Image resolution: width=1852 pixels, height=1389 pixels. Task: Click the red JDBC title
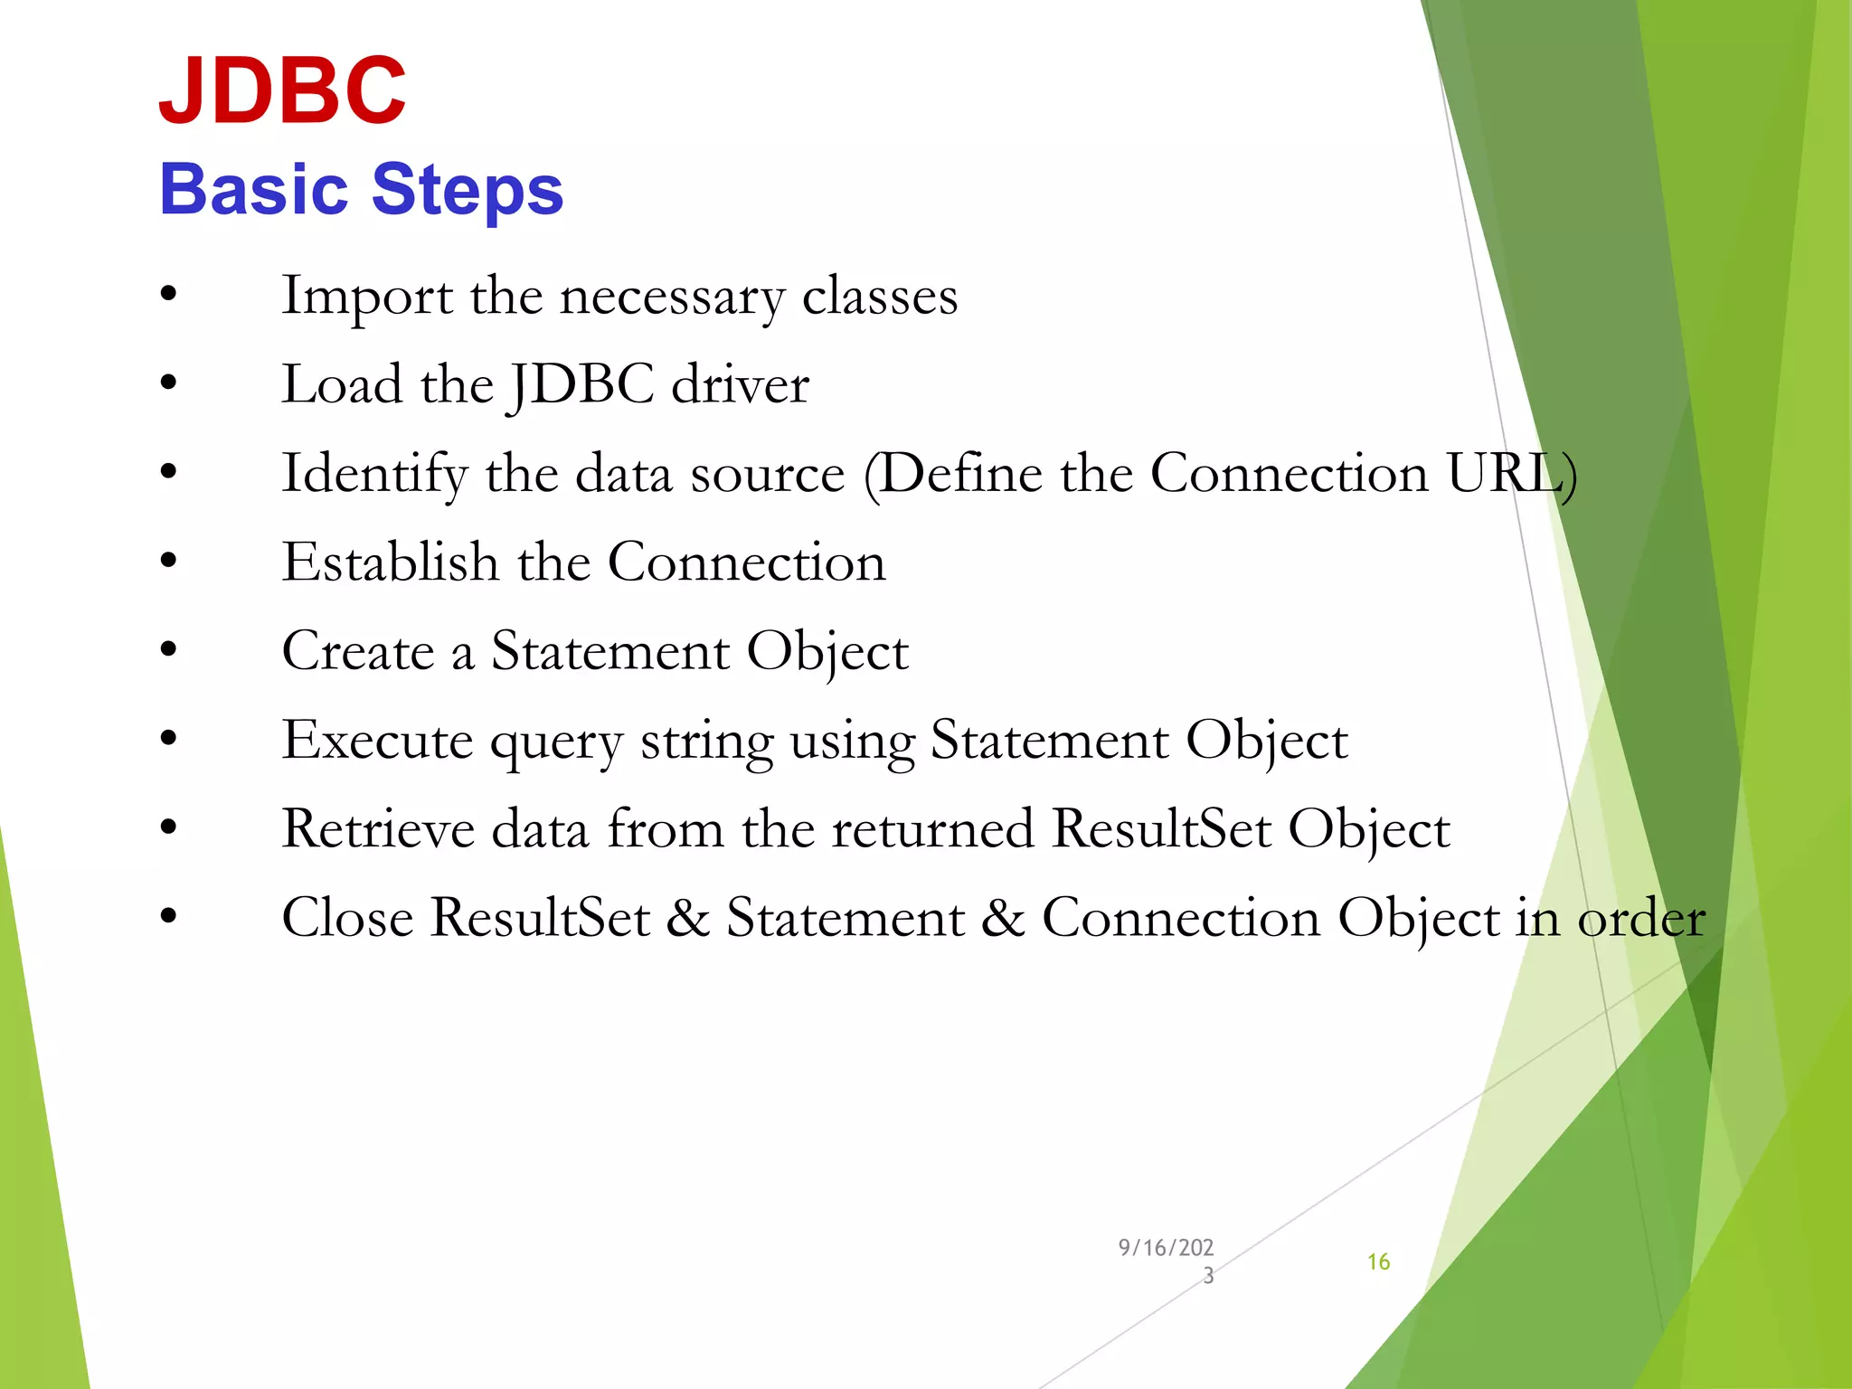282,90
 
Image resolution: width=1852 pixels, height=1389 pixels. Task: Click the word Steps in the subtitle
468,190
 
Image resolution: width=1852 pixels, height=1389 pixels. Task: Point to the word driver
740,385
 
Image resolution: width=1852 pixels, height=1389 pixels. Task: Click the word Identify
374,474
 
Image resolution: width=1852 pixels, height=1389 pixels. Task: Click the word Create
358,651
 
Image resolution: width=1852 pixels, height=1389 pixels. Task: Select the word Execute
377,741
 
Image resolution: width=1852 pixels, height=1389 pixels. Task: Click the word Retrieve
378,828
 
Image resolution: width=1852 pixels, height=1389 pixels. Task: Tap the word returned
932,828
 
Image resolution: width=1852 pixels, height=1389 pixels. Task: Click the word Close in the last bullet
347,918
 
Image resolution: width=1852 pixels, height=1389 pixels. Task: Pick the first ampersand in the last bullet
688,918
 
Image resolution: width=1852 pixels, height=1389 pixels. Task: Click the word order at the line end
1641,918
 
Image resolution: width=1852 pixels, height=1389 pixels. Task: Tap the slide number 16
1378,1261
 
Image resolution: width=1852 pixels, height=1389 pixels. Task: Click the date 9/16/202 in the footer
1166,1248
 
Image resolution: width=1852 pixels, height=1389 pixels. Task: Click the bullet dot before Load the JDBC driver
168,383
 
